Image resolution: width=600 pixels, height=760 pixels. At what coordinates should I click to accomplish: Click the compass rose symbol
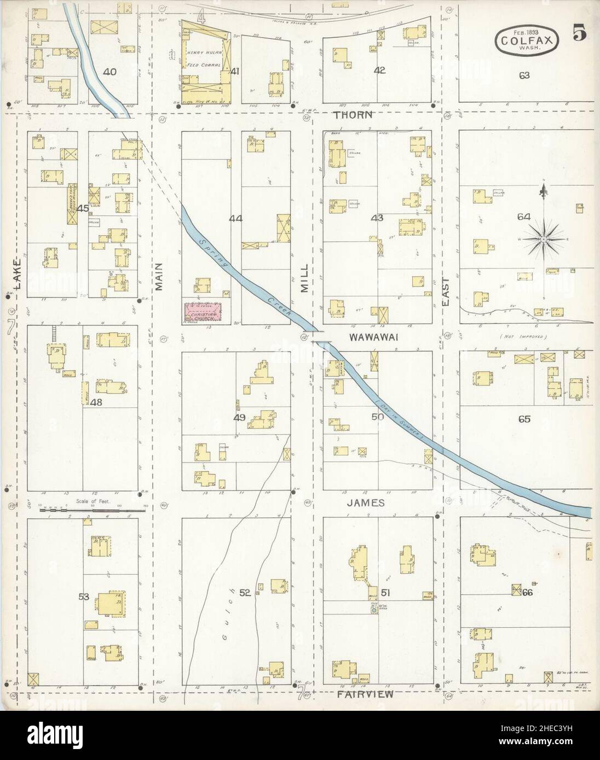tap(543, 238)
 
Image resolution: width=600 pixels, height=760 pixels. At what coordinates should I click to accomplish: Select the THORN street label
tap(354, 115)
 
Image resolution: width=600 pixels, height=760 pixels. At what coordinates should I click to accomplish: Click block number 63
tap(524, 75)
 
